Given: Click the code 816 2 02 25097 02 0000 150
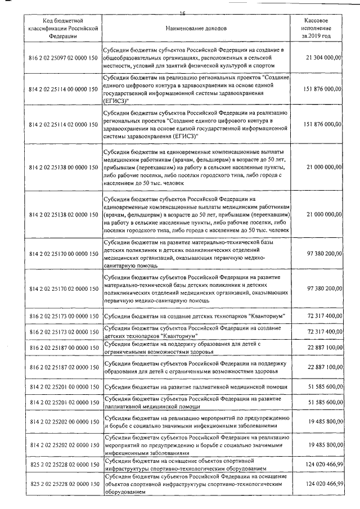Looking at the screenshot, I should tap(62, 57).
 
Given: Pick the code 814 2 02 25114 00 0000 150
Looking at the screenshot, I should tap(62, 89).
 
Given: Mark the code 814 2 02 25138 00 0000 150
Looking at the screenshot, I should tap(62, 167).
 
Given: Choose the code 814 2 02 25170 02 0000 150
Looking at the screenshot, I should tap(62, 288).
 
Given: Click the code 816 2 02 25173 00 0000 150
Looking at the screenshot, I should tap(62, 318).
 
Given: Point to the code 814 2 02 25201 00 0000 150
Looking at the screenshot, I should tap(62, 388).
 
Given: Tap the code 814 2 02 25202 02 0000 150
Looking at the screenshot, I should tap(62, 444).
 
